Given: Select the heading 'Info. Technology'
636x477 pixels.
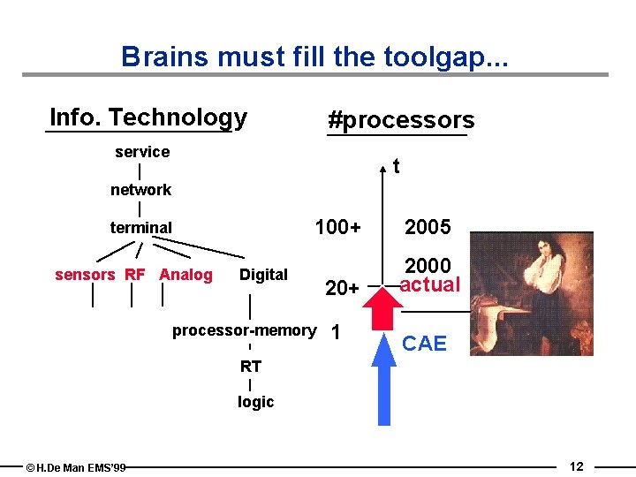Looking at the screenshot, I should click(x=148, y=117).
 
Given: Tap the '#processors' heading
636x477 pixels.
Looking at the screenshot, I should click(x=400, y=120).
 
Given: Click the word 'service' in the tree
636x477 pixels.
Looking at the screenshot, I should click(x=142, y=152).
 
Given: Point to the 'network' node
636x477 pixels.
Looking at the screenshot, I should click(x=140, y=190).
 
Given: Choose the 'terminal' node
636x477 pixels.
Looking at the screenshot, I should click(x=140, y=228).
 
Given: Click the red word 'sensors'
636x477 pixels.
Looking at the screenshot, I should click(x=85, y=275).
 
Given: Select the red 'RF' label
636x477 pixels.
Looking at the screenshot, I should click(x=134, y=275).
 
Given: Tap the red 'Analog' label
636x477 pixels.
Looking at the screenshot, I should click(x=185, y=275).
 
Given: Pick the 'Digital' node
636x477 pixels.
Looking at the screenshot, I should click(x=263, y=275).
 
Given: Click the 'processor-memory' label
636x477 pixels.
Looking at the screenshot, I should click(x=244, y=330).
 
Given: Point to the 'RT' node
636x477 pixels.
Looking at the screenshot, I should click(x=251, y=366).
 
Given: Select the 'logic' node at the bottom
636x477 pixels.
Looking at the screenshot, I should click(x=255, y=402).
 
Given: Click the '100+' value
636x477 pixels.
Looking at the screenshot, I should click(x=337, y=228).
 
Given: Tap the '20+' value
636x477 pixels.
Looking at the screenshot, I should click(x=342, y=288).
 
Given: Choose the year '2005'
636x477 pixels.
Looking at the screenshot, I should click(x=428, y=228).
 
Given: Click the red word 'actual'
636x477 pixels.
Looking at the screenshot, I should click(x=430, y=284).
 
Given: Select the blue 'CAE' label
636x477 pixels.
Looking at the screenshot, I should click(x=425, y=344).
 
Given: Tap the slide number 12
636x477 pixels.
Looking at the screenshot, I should click(x=576, y=466).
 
